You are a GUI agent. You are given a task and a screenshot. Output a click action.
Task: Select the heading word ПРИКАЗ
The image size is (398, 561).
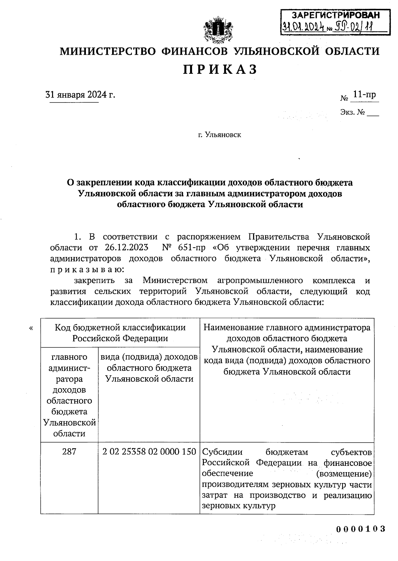(220, 69)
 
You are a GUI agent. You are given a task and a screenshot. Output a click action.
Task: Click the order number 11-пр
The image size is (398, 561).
(364, 95)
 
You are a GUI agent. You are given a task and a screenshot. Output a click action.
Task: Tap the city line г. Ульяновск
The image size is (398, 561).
(220, 135)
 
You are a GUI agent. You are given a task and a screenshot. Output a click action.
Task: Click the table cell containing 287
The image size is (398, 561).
(69, 452)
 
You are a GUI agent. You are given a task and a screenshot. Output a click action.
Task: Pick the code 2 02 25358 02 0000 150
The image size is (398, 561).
(149, 452)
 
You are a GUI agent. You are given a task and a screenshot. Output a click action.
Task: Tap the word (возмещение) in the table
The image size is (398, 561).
(344, 473)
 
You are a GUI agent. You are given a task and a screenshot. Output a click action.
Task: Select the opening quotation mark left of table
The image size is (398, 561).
(31, 328)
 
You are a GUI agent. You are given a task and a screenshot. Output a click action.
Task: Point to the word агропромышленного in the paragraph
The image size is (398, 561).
(260, 280)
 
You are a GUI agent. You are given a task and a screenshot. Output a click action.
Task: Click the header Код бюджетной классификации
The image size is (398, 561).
(120, 328)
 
